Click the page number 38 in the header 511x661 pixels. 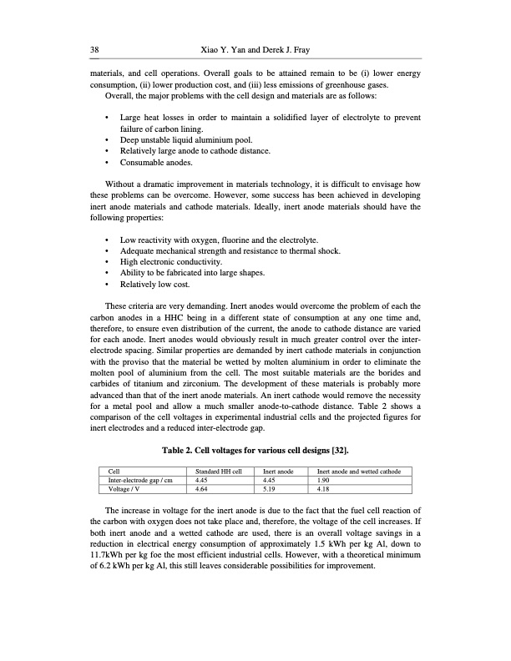click(94, 50)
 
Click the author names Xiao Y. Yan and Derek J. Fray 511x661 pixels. click(255, 50)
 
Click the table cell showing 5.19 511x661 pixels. click(271, 489)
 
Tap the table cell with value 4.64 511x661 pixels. click(201, 489)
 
